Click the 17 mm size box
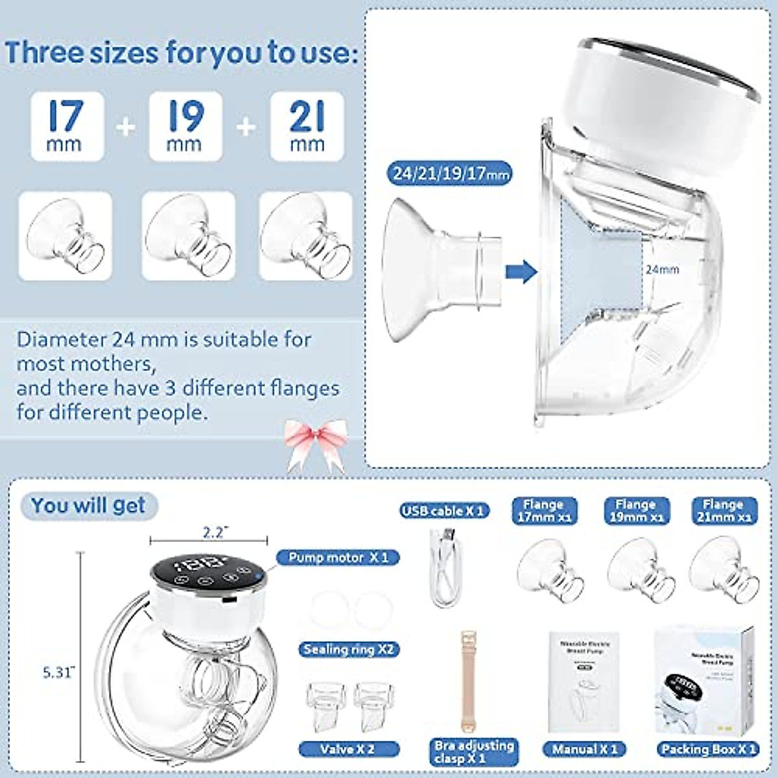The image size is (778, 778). [67, 126]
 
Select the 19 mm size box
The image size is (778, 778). [185, 126]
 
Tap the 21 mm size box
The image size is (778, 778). [307, 126]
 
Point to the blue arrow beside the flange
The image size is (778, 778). [521, 271]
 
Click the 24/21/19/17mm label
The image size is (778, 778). [451, 174]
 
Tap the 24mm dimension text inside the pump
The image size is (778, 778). [662, 269]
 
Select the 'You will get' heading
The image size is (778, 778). [88, 506]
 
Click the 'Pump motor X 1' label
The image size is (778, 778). [338, 558]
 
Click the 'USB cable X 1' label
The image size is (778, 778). [443, 511]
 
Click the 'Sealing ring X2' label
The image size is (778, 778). [348, 649]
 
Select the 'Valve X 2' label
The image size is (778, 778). [347, 749]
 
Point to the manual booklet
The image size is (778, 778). [583, 681]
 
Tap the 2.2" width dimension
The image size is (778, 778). [213, 532]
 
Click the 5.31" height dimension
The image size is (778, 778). [59, 672]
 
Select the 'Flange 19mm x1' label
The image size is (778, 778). [635, 511]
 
